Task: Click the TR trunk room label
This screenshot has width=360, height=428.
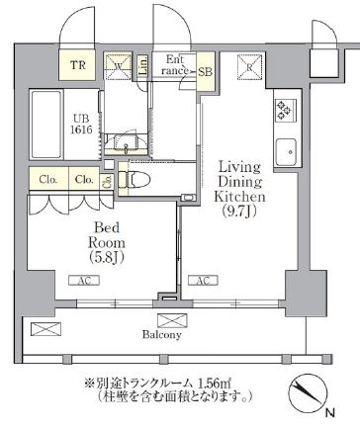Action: pyautogui.click(x=77, y=68)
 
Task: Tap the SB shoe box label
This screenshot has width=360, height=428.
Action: pyautogui.click(x=205, y=72)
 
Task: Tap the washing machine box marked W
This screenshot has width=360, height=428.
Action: pyautogui.click(x=119, y=67)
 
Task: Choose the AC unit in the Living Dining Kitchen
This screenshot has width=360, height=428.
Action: pyautogui.click(x=204, y=281)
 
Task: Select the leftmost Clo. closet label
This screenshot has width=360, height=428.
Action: pyautogui.click(x=47, y=180)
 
